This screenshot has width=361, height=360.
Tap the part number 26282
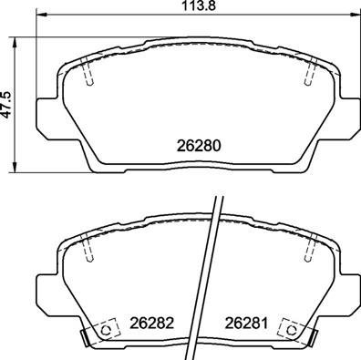[150, 321]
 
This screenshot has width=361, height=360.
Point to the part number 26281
[245, 321]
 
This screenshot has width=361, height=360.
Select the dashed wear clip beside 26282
[107, 330]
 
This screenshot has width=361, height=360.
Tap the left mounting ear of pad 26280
[46, 114]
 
